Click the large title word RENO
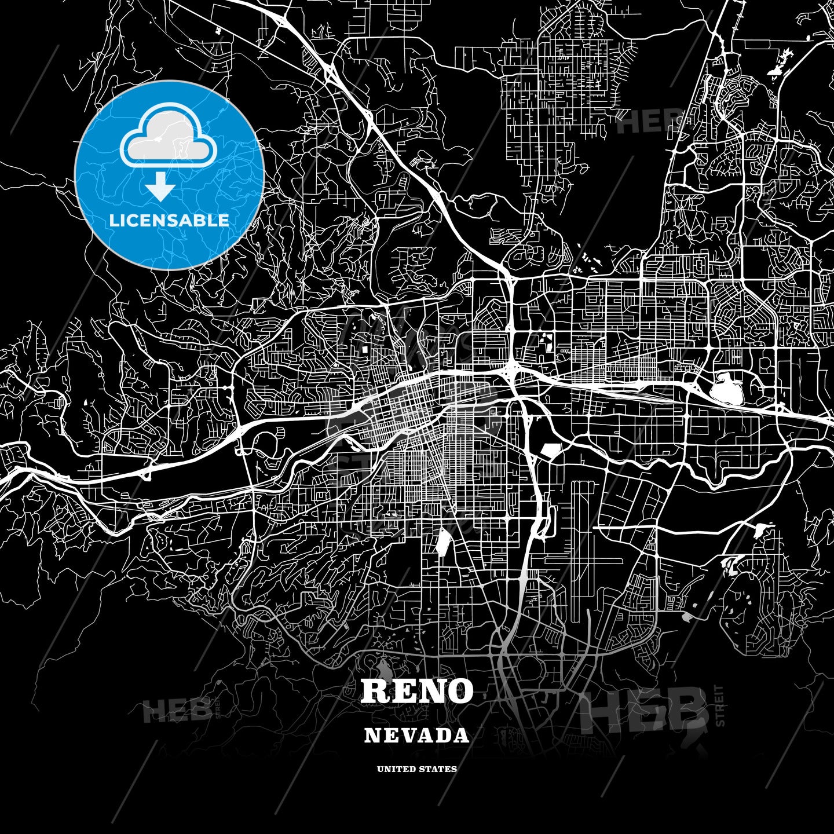(x=416, y=690)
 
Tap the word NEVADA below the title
(x=416, y=736)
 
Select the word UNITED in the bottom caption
(x=396, y=769)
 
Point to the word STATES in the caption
(x=438, y=769)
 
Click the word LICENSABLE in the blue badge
(x=169, y=221)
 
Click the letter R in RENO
(x=375, y=690)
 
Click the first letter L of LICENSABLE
(x=113, y=221)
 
